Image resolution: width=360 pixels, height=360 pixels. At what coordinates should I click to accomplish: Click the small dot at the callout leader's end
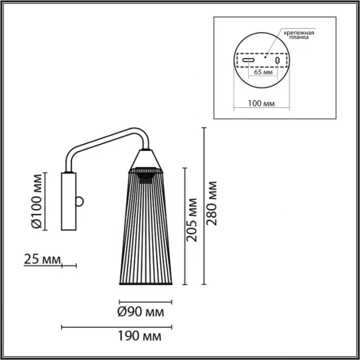tap(266, 55)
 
